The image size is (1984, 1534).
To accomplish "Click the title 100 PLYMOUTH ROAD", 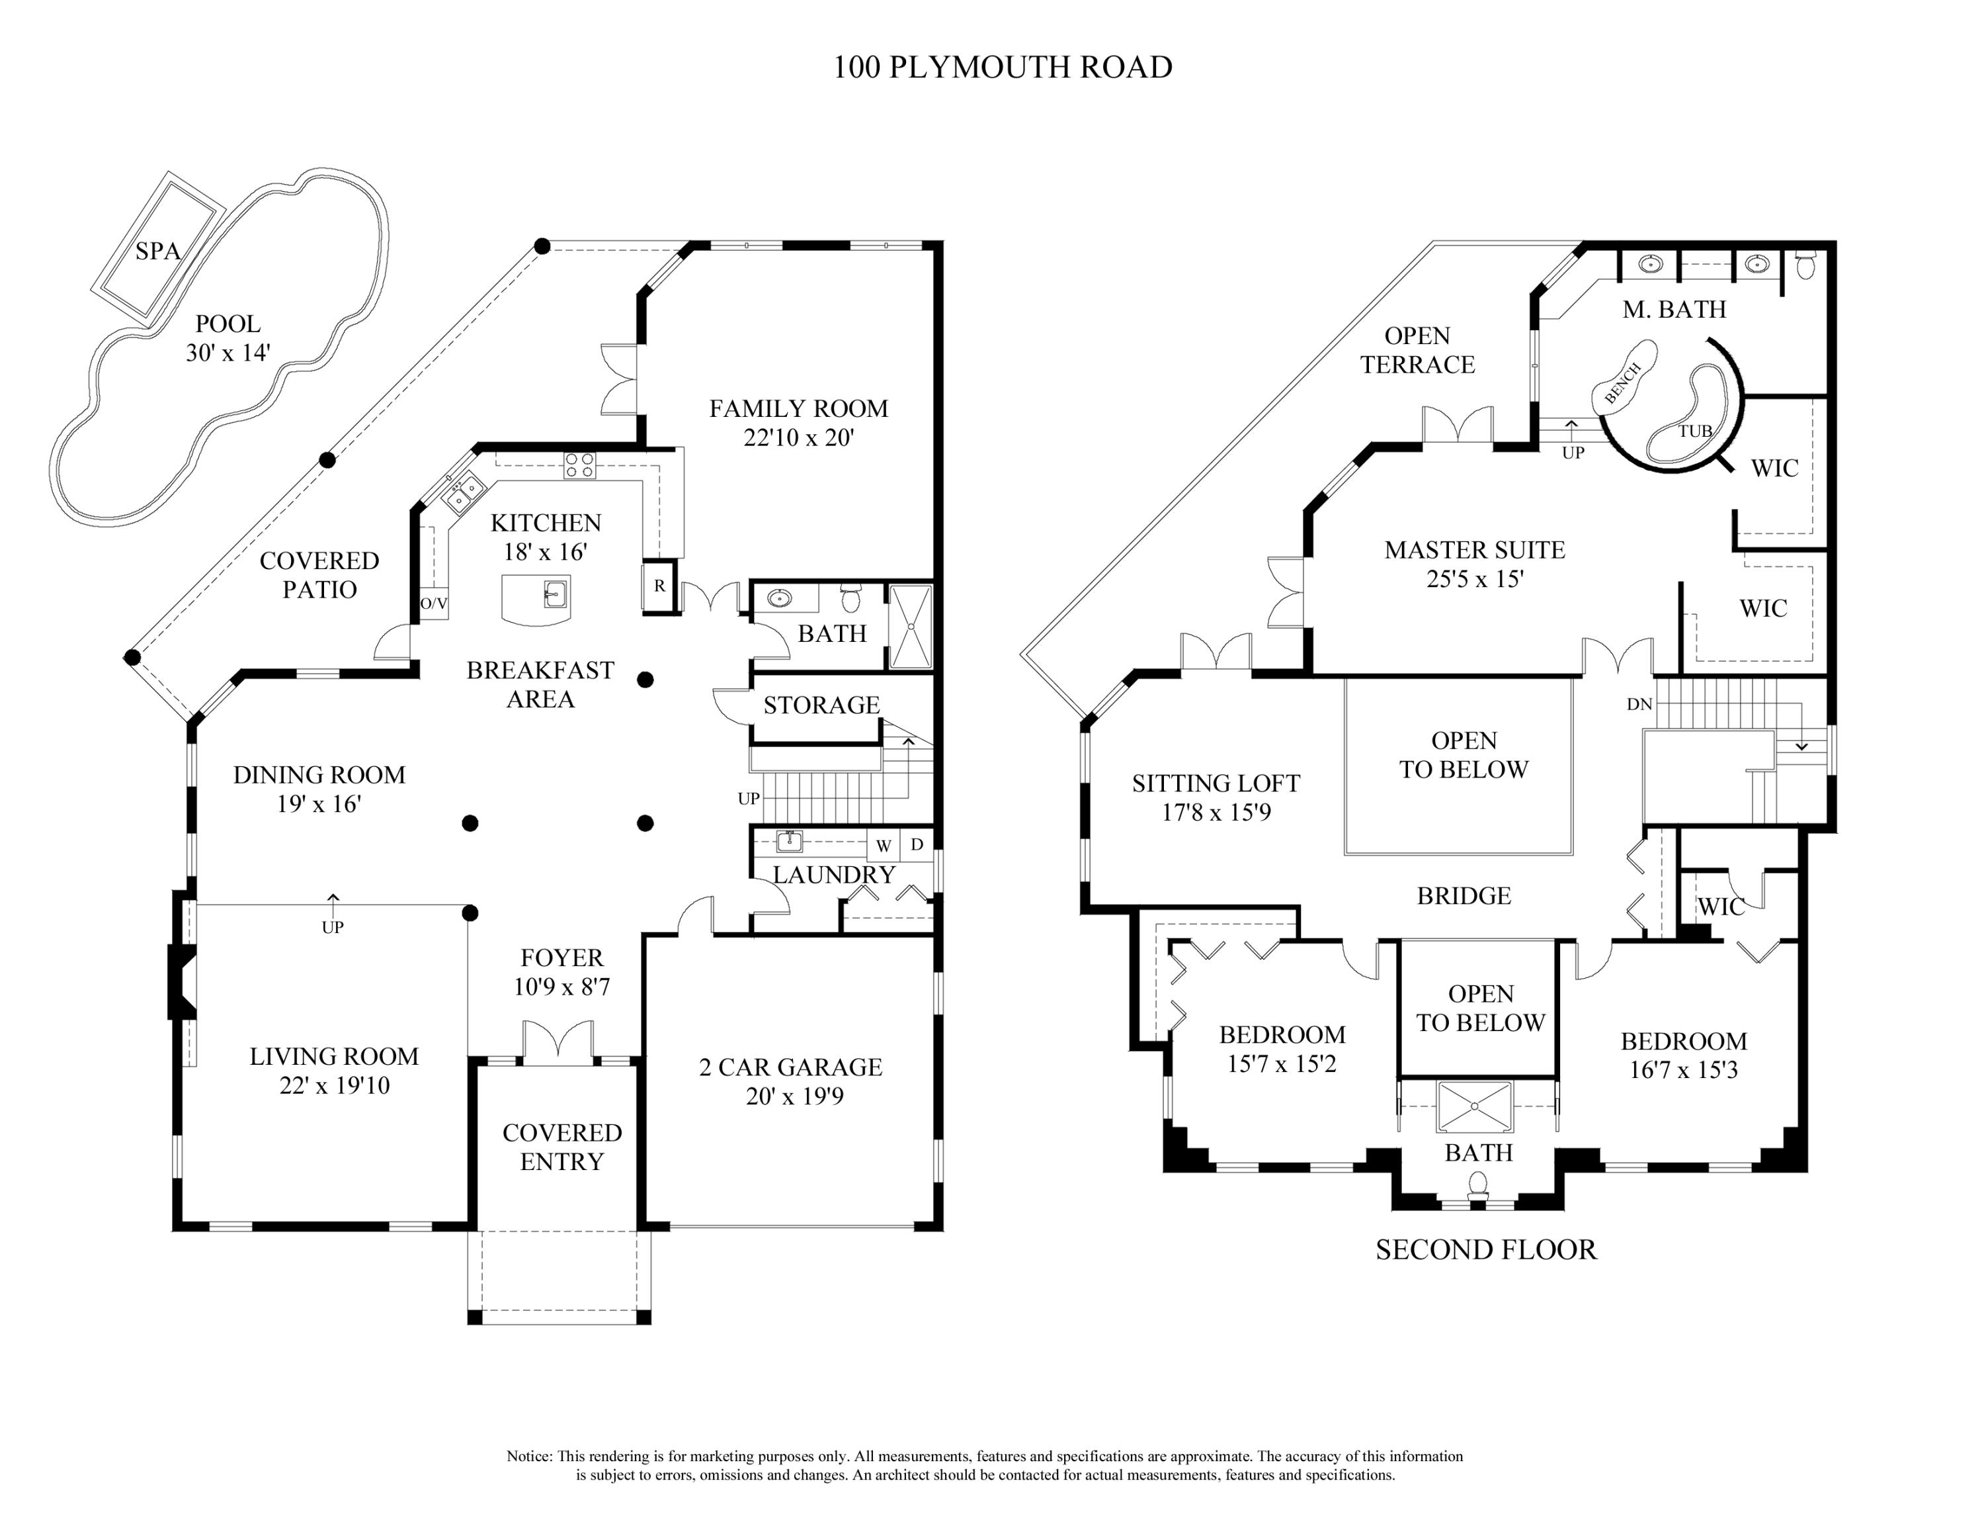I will pyautogui.click(x=1002, y=68).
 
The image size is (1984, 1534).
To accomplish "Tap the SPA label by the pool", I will pyautogui.click(x=158, y=251).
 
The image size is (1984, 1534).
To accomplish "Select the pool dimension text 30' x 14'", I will pyautogui.click(x=228, y=353).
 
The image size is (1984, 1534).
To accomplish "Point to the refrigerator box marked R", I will pyautogui.click(x=659, y=586).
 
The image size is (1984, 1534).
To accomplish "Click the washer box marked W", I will pyautogui.click(x=883, y=846).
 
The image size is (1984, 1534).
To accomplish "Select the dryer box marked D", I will pyautogui.click(x=917, y=844).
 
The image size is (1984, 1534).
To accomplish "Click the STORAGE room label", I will pyautogui.click(x=821, y=705).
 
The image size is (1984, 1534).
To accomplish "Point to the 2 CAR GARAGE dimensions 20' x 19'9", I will pyautogui.click(x=794, y=1096).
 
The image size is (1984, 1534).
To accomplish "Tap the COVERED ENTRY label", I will pyautogui.click(x=561, y=1147).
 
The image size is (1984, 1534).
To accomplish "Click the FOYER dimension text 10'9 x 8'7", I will pyautogui.click(x=561, y=986).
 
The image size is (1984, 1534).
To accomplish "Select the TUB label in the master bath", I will pyautogui.click(x=1694, y=431).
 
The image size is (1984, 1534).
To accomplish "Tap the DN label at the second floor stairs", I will pyautogui.click(x=1639, y=704).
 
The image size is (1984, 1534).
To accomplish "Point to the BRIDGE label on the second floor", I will pyautogui.click(x=1464, y=896).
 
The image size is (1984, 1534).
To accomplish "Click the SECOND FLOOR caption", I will pyautogui.click(x=1485, y=1249).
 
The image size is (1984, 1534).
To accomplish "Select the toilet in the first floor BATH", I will pyautogui.click(x=850, y=599).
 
